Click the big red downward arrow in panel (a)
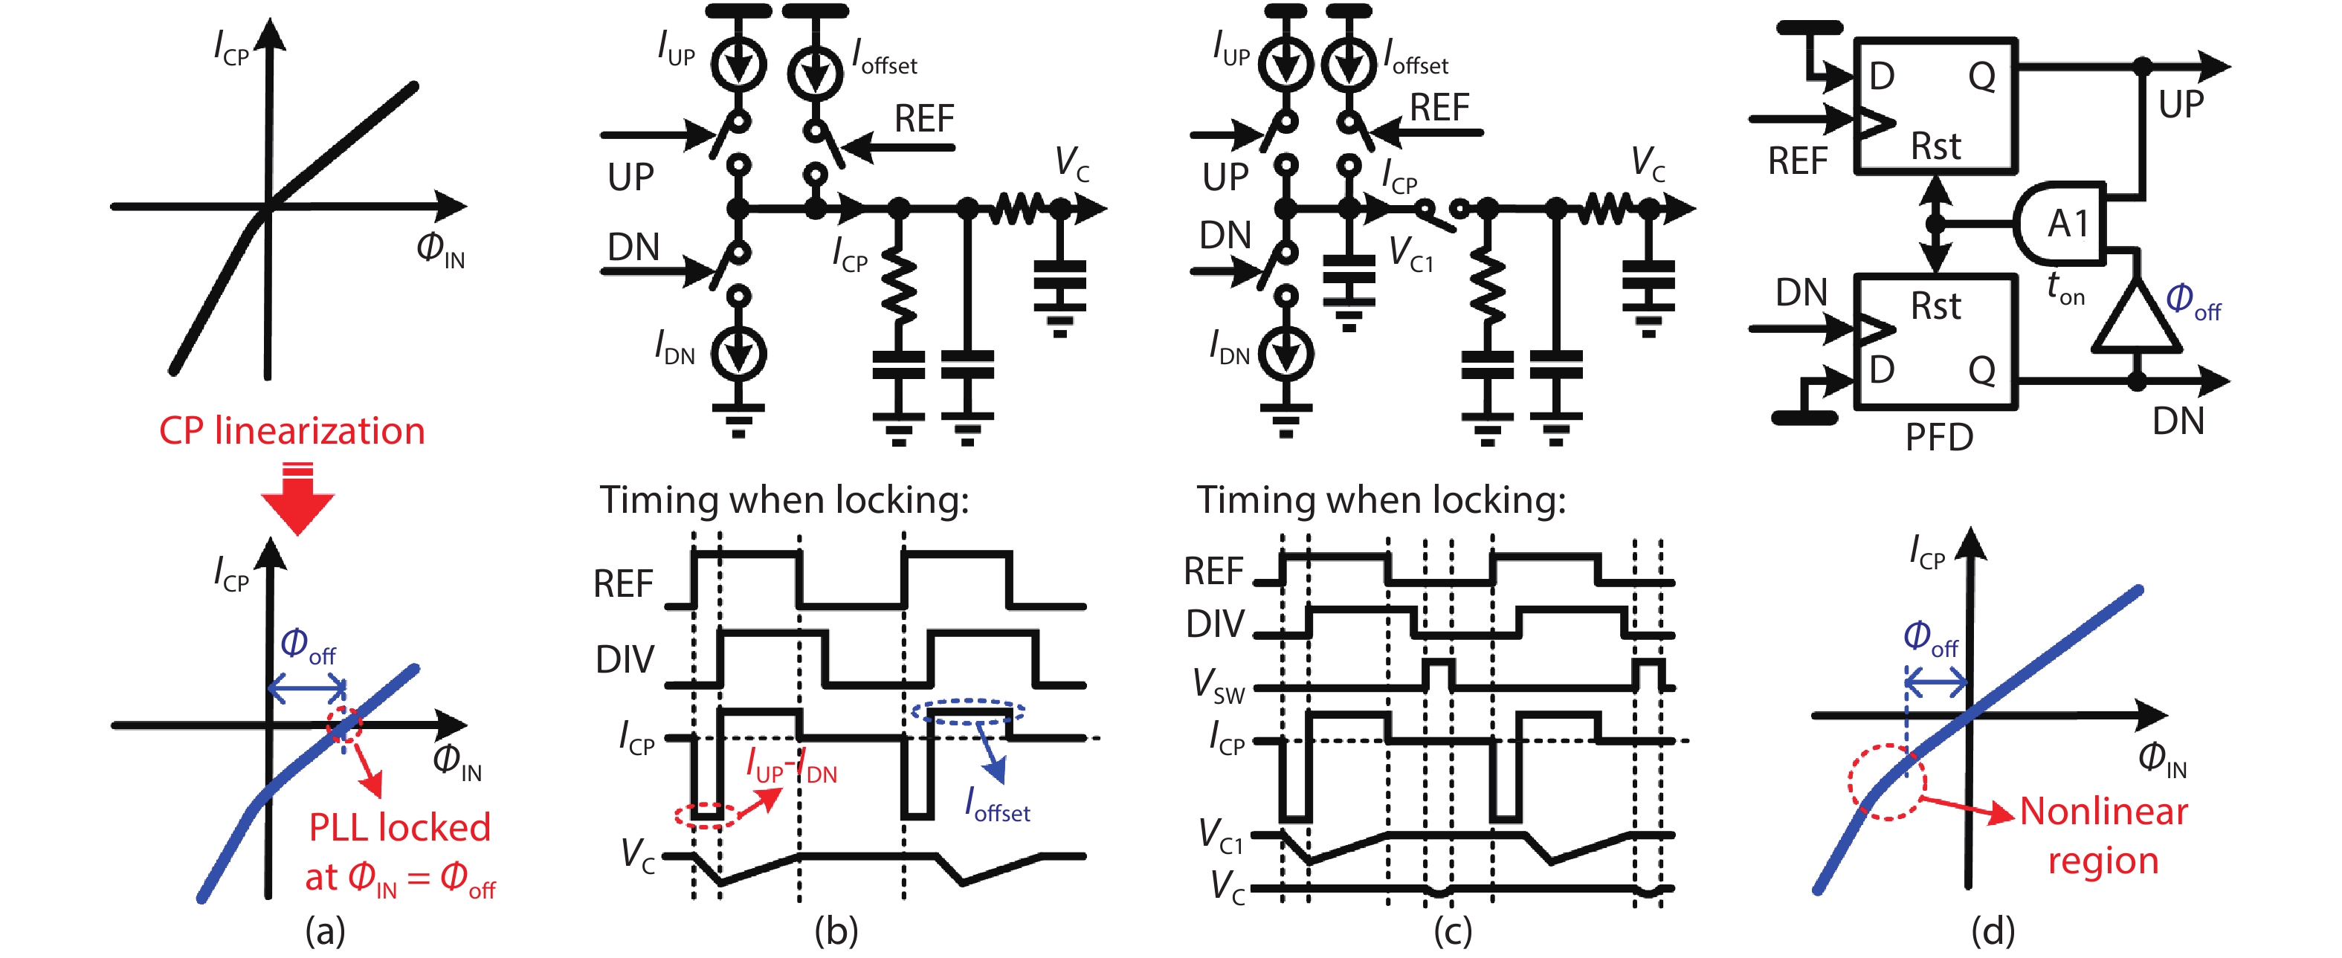297,502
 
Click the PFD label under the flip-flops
1938,438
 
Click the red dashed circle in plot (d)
1886,783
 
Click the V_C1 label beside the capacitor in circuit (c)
1411,253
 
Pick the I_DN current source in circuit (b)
738,353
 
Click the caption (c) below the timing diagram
1452,931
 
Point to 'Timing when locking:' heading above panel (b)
784,500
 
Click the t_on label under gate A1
2065,288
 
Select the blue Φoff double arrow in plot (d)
1938,681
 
